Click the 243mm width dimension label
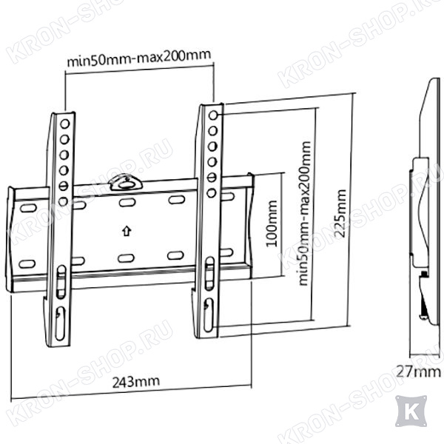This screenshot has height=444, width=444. (x=136, y=381)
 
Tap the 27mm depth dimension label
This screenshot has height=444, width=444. (x=418, y=371)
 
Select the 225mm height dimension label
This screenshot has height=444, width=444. (x=340, y=214)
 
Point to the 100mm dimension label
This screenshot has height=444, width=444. (x=272, y=223)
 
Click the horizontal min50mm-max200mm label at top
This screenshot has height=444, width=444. (x=139, y=58)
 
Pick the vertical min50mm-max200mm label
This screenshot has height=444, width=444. (x=305, y=213)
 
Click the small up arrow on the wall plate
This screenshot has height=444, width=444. (x=127, y=230)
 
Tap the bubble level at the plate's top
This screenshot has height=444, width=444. (x=127, y=183)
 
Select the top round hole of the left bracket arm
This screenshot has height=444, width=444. (x=65, y=124)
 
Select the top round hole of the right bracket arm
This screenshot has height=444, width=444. (x=213, y=115)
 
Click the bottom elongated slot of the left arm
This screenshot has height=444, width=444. (x=61, y=323)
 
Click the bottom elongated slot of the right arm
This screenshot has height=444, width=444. (x=209, y=314)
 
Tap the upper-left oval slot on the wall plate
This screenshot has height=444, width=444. (x=28, y=208)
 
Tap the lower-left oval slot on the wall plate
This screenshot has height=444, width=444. (x=27, y=263)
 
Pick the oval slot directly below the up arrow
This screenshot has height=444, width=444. (x=126, y=258)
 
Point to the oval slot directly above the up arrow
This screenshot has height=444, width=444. (x=127, y=202)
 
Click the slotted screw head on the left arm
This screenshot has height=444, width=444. (x=64, y=186)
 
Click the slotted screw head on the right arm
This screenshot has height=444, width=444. (x=212, y=178)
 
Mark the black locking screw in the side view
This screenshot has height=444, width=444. (x=424, y=274)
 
